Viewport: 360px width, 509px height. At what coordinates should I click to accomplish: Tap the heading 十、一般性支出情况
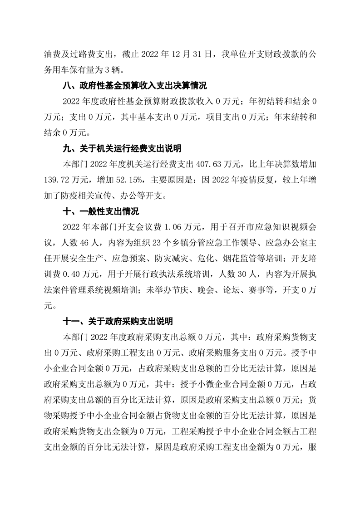(x=100, y=211)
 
